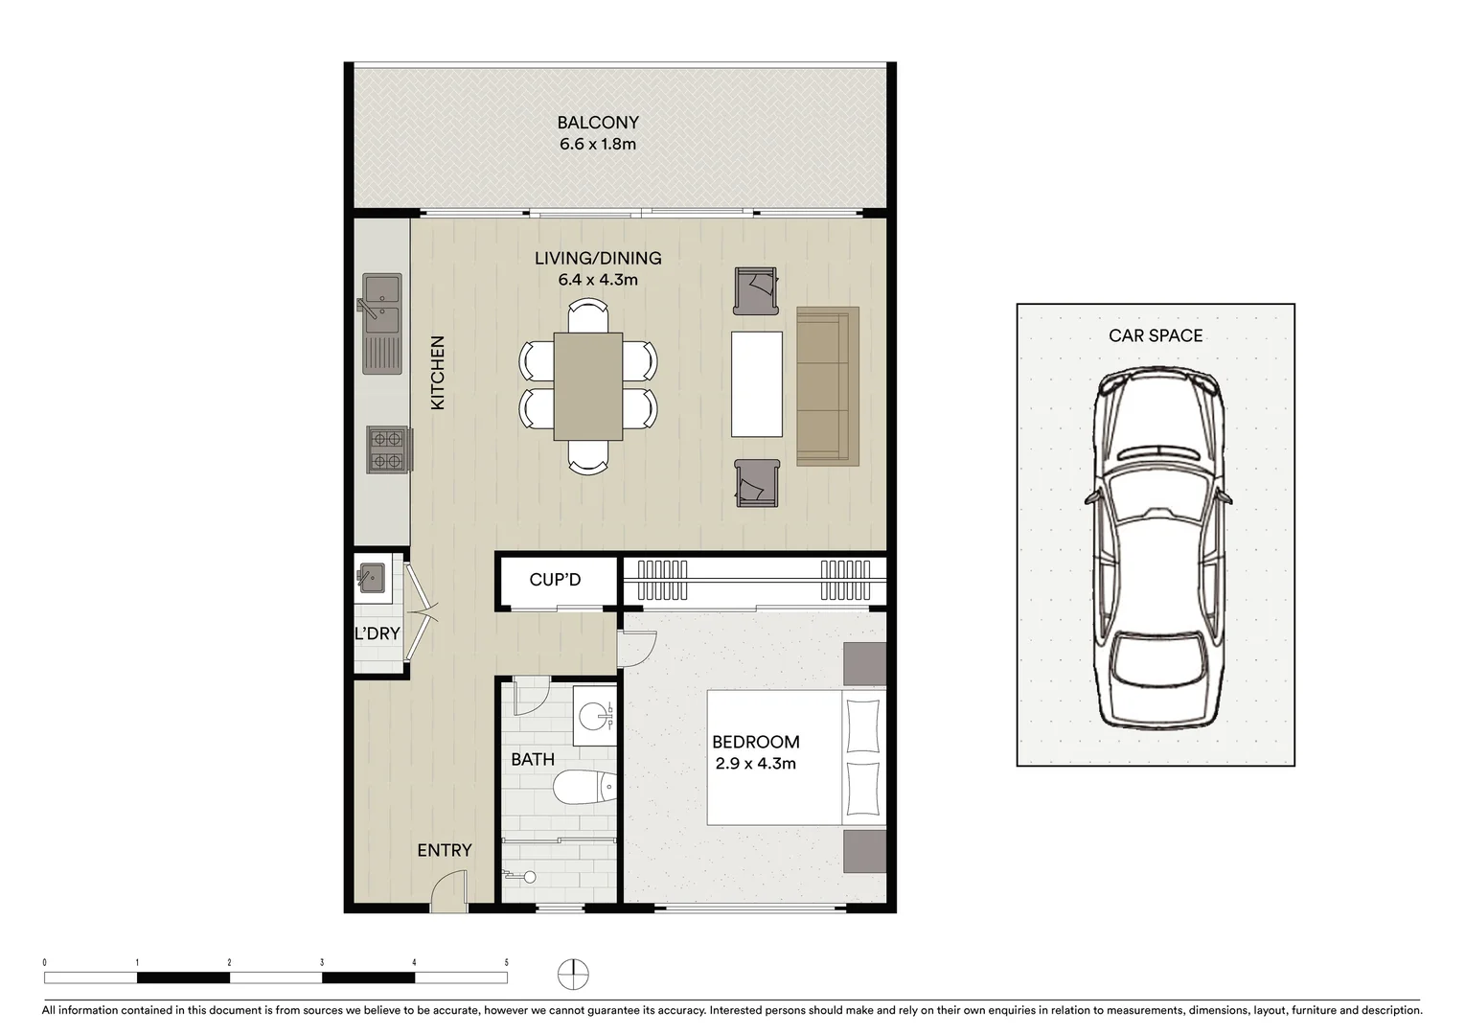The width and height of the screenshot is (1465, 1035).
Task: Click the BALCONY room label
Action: click(598, 123)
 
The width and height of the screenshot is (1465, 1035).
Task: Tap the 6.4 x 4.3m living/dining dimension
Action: click(598, 280)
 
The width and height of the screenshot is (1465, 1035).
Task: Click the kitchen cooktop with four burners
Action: click(387, 450)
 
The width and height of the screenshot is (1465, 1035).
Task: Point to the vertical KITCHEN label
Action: click(438, 373)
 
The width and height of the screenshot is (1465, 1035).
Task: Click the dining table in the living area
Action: click(587, 386)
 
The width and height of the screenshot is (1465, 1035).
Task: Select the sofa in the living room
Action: click(827, 386)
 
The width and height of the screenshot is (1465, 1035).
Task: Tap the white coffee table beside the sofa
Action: click(757, 384)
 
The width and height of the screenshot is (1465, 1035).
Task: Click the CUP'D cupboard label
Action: click(556, 580)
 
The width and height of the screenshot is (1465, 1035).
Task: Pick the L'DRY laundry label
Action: click(377, 633)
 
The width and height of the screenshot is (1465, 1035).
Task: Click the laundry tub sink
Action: click(370, 578)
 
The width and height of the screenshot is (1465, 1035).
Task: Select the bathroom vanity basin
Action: click(598, 716)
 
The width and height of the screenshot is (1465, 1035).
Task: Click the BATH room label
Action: click(532, 759)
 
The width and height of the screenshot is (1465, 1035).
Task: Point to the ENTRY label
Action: click(445, 850)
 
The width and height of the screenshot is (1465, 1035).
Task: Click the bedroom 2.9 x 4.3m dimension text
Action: click(756, 764)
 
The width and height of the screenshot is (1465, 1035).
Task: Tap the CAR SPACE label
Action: click(1156, 335)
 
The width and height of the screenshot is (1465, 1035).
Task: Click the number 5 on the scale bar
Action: click(506, 962)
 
